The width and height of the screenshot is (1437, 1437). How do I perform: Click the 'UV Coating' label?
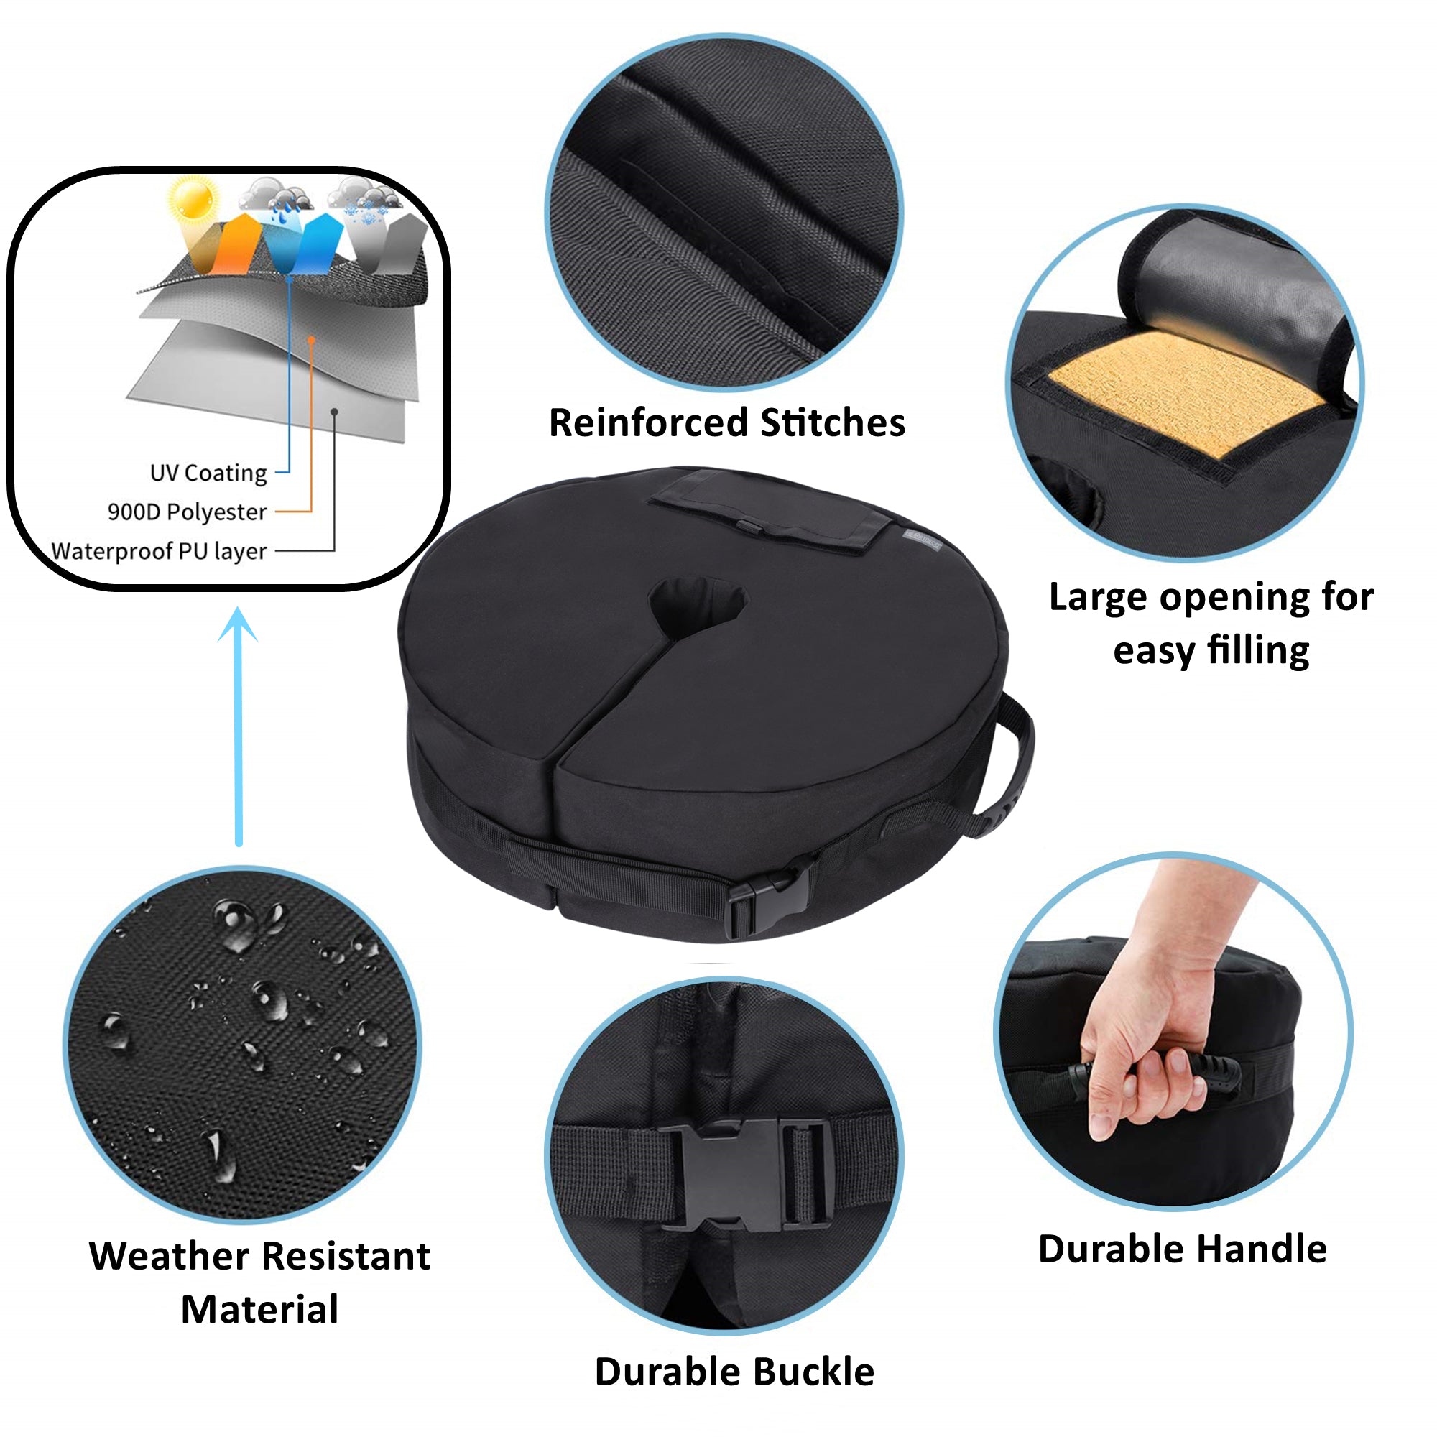pyautogui.click(x=208, y=473)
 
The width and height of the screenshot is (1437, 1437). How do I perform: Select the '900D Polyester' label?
pyautogui.click(x=187, y=512)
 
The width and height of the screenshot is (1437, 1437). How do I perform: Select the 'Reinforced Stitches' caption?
pyautogui.click(x=726, y=422)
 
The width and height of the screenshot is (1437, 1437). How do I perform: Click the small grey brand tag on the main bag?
pyautogui.click(x=923, y=541)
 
